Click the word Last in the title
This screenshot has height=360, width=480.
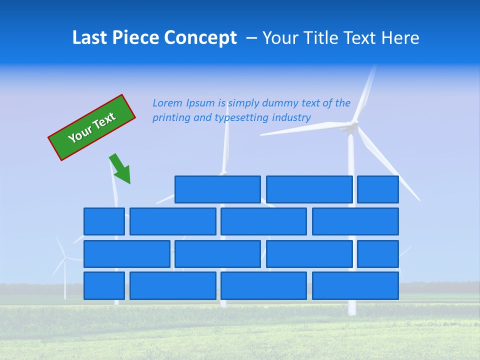point(90,38)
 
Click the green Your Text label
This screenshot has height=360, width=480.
point(92,127)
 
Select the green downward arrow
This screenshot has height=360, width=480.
point(121,169)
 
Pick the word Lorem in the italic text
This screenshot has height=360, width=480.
point(167,103)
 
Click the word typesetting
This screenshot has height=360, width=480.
point(241,118)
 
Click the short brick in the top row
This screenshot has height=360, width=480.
point(378,189)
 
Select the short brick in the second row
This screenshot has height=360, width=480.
point(104,221)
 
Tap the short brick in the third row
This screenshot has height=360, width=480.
point(378,254)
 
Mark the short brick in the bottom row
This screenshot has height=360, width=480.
point(104,286)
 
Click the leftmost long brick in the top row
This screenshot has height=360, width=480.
point(217,189)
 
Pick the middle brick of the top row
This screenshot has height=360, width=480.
point(309,189)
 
